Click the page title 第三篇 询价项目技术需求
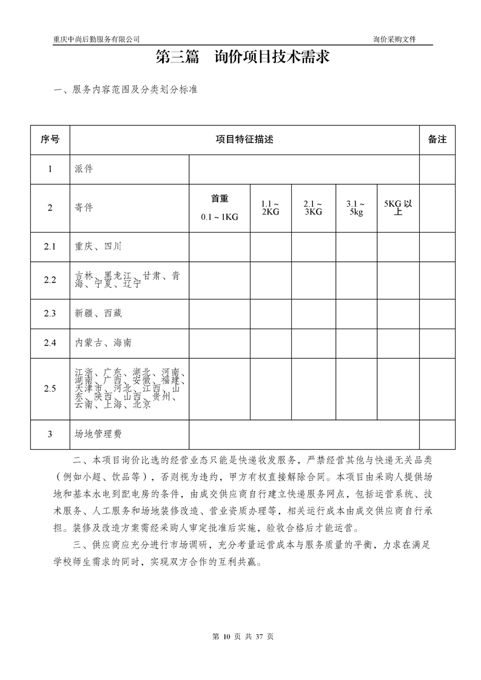click(x=243, y=58)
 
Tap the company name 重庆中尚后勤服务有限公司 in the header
click(x=96, y=39)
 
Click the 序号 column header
click(x=50, y=139)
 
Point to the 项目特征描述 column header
click(x=244, y=139)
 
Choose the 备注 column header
click(x=437, y=139)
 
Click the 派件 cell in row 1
click(x=84, y=169)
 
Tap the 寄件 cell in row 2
click(x=84, y=207)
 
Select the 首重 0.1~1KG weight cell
click(x=220, y=207)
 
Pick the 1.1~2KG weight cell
click(x=270, y=207)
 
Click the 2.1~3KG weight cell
click(x=313, y=207)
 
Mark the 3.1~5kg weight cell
click(x=355, y=207)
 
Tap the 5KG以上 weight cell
click(x=398, y=207)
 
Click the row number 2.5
click(x=50, y=388)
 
